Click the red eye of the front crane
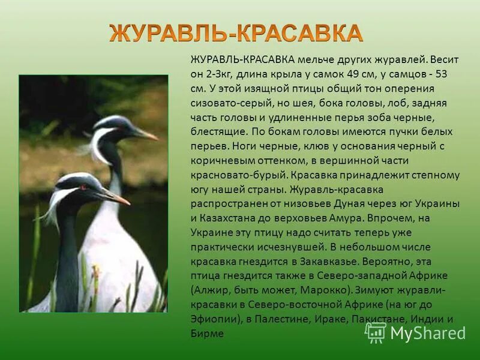83,187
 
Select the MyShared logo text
428,333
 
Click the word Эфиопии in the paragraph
212,319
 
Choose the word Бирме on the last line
207,334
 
